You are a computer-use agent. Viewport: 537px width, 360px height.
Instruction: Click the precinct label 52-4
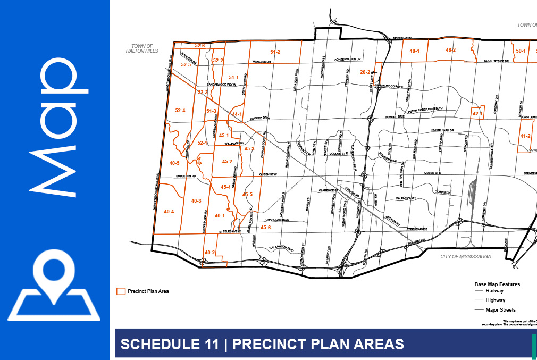coord(180,111)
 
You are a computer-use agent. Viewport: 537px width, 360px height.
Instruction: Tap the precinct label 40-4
coord(169,212)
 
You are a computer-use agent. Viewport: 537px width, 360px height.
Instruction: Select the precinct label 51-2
coord(275,52)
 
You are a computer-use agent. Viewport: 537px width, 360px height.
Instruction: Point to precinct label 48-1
coord(415,51)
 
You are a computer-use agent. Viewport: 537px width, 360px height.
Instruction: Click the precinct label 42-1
coord(477,114)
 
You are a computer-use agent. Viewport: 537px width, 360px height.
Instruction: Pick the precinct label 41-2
coord(525,136)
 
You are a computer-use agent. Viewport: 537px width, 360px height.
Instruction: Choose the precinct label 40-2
coord(209,253)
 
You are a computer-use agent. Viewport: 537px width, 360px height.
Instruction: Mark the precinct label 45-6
coord(265,228)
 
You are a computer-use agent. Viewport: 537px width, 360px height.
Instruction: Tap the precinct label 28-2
coord(365,72)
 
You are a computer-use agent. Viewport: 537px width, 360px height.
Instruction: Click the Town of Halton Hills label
coord(139,49)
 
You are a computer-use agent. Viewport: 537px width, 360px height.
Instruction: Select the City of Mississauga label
coord(465,256)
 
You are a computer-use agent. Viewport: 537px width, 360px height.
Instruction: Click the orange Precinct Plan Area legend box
coord(121,291)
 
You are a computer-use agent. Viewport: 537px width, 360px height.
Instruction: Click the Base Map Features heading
coord(497,284)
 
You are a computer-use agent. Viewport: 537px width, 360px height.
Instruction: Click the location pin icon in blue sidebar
coord(54,285)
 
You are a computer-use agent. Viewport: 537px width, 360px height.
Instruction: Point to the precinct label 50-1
coord(521,51)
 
